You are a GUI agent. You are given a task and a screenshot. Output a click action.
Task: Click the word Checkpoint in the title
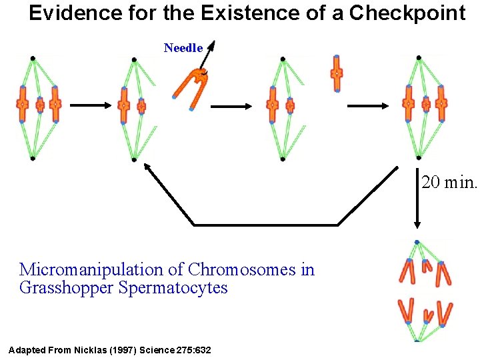[x=407, y=13]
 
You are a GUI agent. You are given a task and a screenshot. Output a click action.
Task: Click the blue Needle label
[x=183, y=47]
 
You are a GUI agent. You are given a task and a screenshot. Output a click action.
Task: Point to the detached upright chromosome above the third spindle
[x=337, y=73]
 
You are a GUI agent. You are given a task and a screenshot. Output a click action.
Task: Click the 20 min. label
[x=449, y=181]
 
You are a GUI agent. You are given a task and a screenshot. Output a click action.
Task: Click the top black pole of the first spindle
[x=33, y=59]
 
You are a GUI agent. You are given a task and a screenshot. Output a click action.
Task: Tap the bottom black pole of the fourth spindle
[x=419, y=157]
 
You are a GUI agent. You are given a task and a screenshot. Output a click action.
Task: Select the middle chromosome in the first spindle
[x=40, y=105]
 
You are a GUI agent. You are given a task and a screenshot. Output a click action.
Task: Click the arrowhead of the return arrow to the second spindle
[x=150, y=169]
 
